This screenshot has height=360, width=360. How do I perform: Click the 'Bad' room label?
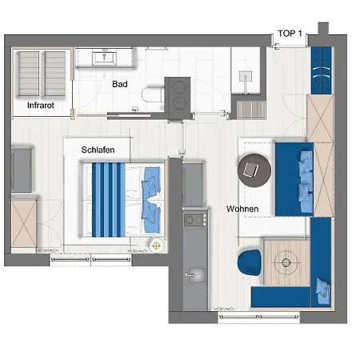click(x=120, y=84)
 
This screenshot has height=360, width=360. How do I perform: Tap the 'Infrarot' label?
click(x=41, y=105)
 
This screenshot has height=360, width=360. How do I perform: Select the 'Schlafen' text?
click(x=98, y=150)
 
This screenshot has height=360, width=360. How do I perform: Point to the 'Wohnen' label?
click(x=242, y=209)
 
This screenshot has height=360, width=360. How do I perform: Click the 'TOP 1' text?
click(x=290, y=34)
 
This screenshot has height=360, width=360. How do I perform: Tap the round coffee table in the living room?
click(x=254, y=170)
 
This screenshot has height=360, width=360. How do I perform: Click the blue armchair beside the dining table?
click(x=249, y=262)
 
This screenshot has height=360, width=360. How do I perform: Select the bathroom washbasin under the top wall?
click(x=104, y=58)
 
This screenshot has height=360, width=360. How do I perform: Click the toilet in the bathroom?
click(x=153, y=94)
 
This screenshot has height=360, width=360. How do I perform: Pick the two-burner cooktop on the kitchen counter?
click(x=195, y=220)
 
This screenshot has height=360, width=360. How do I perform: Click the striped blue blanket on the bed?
click(x=109, y=200)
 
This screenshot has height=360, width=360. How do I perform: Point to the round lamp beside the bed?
click(x=156, y=245)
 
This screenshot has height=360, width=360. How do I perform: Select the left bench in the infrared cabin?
click(x=29, y=74)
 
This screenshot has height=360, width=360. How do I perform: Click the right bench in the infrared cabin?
click(x=55, y=74)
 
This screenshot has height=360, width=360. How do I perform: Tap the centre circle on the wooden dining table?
click(x=286, y=262)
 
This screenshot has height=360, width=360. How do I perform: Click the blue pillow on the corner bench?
click(x=323, y=290)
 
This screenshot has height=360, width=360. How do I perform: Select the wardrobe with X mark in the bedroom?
click(x=24, y=223)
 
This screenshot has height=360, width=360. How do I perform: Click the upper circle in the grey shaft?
click(x=179, y=87)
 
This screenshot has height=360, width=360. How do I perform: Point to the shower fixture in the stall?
click(x=246, y=80)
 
